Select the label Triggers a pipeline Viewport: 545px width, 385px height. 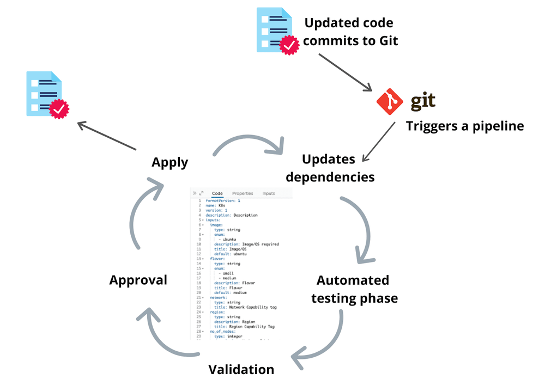pyautogui.click(x=464, y=126)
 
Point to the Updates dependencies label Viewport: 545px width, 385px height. pyautogui.click(x=330, y=168)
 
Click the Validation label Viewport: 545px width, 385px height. pyautogui.click(x=241, y=370)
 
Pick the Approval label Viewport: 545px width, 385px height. pyautogui.click(x=138, y=280)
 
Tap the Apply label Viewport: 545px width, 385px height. pyautogui.click(x=170, y=162)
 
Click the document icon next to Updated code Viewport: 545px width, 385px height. pyautogui.click(x=276, y=30)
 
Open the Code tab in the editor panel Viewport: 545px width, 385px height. pyautogui.click(x=217, y=193)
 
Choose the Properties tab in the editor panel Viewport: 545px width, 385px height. pyautogui.click(x=243, y=193)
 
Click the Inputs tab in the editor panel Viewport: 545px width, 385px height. pyautogui.click(x=269, y=193)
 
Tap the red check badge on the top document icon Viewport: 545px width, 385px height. pyautogui.click(x=289, y=45)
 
